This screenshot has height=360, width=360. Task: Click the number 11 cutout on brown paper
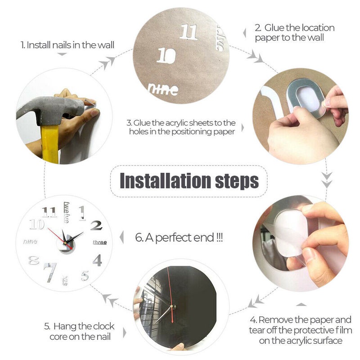pos(189,32)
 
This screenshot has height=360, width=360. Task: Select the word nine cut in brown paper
pos(163,89)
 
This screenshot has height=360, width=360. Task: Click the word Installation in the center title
pos(164,180)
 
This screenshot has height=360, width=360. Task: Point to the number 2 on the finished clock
pos(96,225)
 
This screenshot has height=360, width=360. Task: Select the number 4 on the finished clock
pos(97,260)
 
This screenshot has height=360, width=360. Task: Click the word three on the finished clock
pos(99,243)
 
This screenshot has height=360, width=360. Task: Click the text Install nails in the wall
pos(67,45)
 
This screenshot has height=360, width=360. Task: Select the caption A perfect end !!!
pos(179,237)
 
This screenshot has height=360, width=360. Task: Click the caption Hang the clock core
pos(79,331)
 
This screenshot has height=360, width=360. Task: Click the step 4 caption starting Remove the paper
pos(301,330)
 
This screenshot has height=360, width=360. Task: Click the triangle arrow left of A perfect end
pos(122,237)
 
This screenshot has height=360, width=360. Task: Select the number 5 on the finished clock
pos(85,275)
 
